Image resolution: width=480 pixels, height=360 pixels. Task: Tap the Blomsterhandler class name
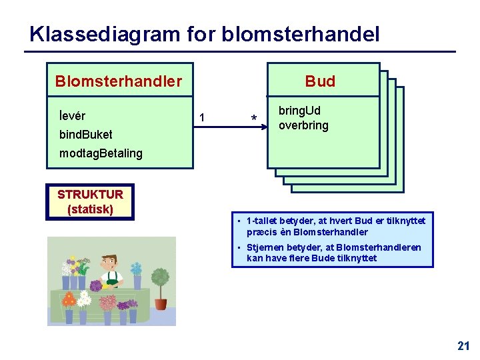[118, 81]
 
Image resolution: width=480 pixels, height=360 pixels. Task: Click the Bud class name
[320, 81]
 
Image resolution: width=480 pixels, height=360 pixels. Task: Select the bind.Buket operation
[85, 135]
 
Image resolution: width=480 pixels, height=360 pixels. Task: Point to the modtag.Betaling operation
[101, 153]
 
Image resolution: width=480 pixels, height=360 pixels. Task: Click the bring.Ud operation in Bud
[299, 111]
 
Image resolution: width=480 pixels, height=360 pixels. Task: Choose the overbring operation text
[303, 125]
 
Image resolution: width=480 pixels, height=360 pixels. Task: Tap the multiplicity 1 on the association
[202, 119]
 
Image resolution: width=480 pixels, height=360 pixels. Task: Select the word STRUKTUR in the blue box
[90, 195]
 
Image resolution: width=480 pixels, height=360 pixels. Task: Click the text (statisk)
[90, 209]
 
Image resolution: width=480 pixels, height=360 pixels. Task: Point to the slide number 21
[463, 345]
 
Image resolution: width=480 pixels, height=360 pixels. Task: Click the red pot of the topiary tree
[160, 304]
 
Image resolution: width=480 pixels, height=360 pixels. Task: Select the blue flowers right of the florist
[137, 269]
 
